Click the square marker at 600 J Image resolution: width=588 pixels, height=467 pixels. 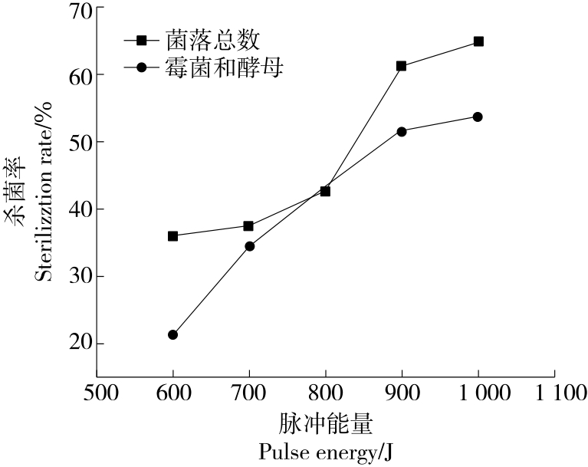(x=172, y=236)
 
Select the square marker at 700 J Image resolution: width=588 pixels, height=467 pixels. (x=248, y=226)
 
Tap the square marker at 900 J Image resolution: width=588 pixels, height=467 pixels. (x=401, y=66)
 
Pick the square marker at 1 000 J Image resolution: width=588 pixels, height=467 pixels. (x=478, y=41)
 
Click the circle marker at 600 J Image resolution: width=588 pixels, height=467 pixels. (x=172, y=335)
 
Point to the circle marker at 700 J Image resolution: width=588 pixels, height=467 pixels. (x=249, y=246)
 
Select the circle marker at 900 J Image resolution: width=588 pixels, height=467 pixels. (x=401, y=132)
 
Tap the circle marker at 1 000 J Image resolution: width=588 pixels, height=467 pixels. (x=478, y=117)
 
